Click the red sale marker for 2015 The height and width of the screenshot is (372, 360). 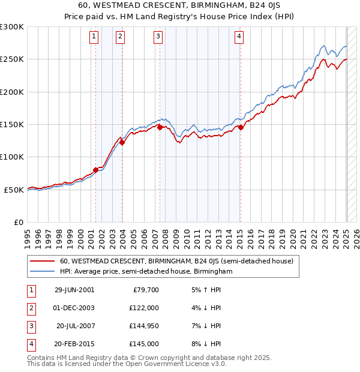(x=241, y=127)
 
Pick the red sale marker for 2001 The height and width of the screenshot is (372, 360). (x=95, y=170)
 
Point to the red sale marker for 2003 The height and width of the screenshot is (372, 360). (x=122, y=142)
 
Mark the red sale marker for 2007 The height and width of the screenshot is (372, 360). (x=160, y=127)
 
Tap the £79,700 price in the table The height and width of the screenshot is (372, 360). (x=146, y=290)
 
